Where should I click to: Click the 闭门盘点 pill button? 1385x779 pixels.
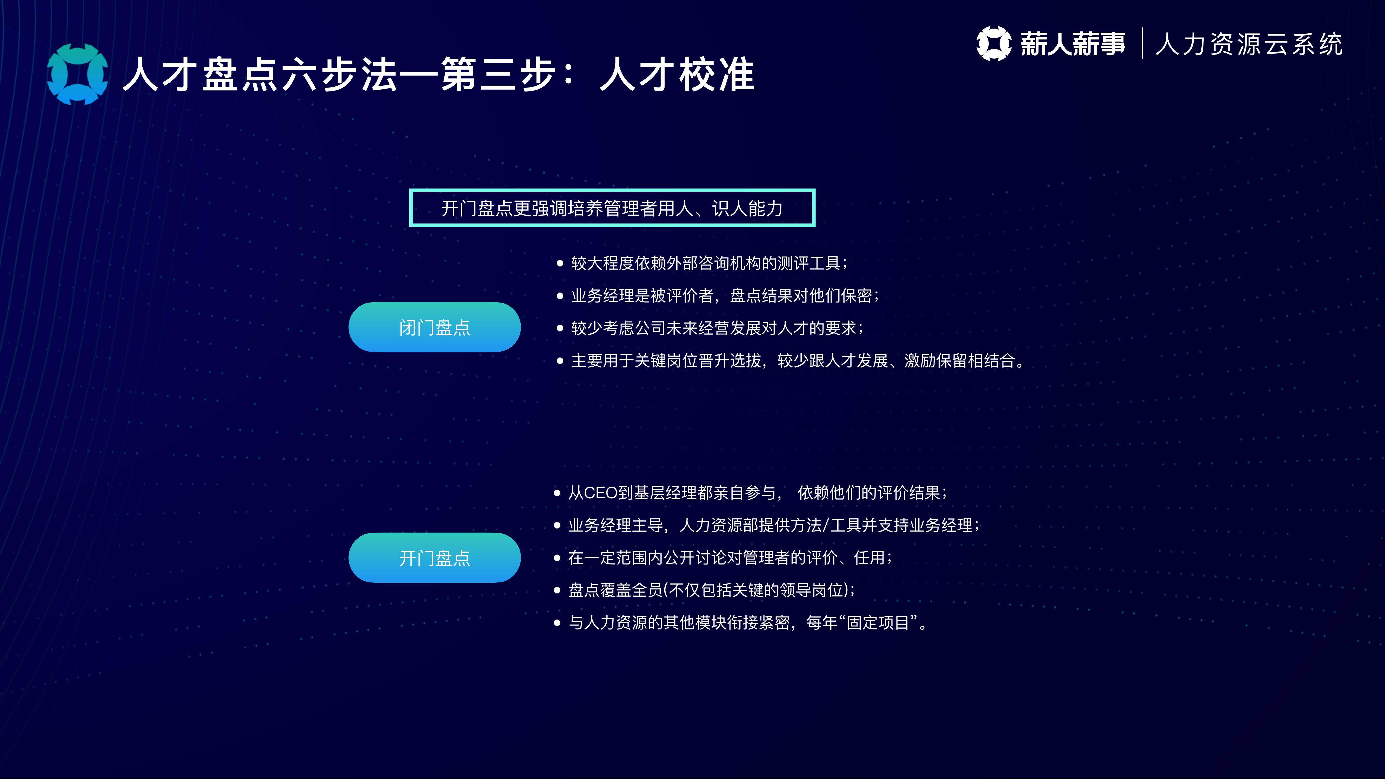pos(434,327)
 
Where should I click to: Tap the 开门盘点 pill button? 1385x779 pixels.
pos(434,558)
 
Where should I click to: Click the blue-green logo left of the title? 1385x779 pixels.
pos(77,74)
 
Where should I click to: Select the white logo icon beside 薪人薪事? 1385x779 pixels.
pos(994,44)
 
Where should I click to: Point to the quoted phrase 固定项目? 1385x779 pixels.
pos(878,623)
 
